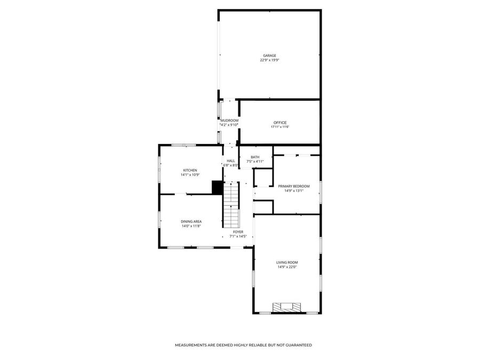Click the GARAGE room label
click(269, 55)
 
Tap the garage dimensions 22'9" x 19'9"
click(269, 60)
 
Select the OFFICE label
click(280, 123)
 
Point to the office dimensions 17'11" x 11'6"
click(280, 127)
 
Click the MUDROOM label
click(229, 121)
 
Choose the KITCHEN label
click(190, 170)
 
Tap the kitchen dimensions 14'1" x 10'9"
click(190, 175)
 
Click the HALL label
click(231, 161)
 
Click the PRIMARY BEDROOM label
click(294, 186)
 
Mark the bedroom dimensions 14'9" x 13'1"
click(294, 191)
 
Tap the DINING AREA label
click(191, 221)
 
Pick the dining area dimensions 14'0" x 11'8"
click(191, 226)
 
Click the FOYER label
click(238, 231)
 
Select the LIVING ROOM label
click(287, 262)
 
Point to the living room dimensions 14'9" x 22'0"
click(287, 267)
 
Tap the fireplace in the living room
click(287, 307)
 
